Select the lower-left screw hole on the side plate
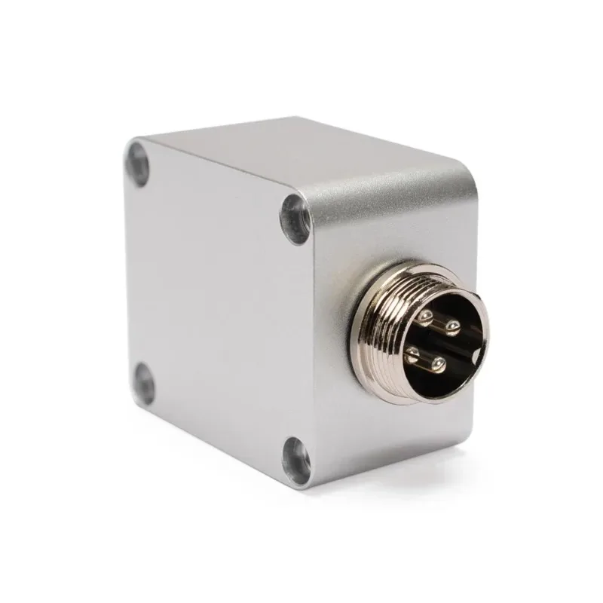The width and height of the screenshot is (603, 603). click(144, 382)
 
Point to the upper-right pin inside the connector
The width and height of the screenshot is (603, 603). click(453, 326)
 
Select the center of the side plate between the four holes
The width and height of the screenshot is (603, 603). click(219, 301)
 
